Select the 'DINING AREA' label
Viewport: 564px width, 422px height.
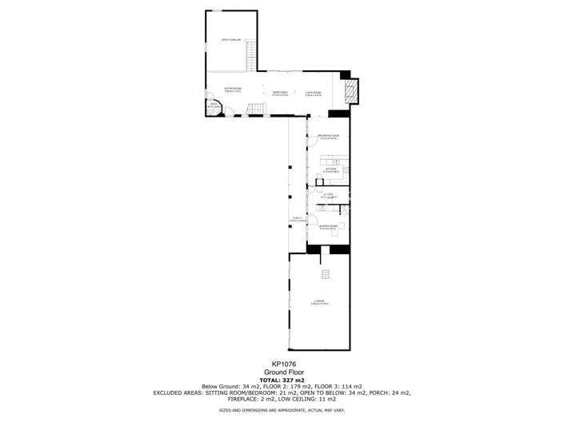[x=279, y=93]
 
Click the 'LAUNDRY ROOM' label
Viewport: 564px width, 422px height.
[x=329, y=226]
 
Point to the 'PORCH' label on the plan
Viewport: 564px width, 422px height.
[x=297, y=219]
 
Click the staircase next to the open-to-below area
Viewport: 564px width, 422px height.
[x=250, y=57]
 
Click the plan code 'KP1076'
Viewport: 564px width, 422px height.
[x=282, y=363]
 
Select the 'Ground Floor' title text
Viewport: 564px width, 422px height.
[x=282, y=372]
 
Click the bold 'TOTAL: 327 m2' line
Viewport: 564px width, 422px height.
[x=282, y=380]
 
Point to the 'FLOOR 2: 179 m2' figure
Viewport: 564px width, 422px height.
[x=307, y=386]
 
